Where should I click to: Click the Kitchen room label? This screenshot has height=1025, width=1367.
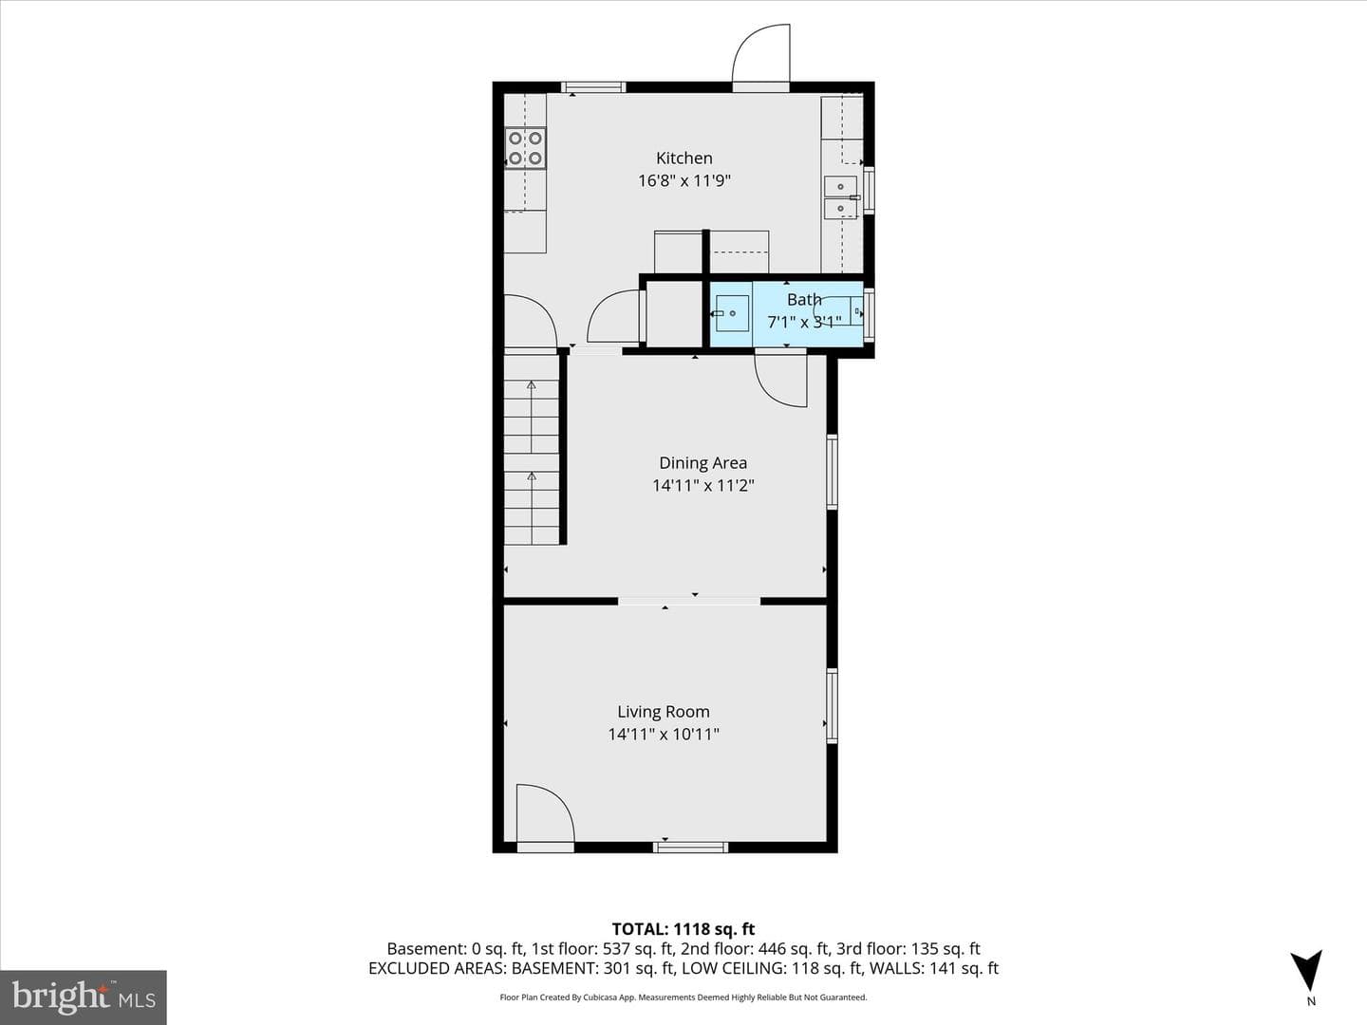pos(683,158)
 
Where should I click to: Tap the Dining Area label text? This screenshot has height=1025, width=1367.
pos(702,463)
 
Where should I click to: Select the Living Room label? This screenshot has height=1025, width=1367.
pos(664,712)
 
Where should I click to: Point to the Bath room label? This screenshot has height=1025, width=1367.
pos(804,299)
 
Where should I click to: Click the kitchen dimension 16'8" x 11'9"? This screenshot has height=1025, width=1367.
pos(683,180)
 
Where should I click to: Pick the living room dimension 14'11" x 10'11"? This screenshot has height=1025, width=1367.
pos(664,735)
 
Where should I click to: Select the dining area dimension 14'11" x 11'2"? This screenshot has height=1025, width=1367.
pos(702,485)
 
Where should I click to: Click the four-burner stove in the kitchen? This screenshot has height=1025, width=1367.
pos(525,148)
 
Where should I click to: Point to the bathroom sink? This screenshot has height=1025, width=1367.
pos(732,313)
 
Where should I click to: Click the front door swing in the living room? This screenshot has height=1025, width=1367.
pos(545,814)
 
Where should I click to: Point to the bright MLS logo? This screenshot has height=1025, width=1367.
pos(83,997)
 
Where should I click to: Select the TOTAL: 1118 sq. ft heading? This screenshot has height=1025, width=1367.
pos(683,929)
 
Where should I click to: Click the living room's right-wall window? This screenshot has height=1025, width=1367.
pos(832,705)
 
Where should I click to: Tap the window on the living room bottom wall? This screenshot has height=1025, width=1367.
pos(690,847)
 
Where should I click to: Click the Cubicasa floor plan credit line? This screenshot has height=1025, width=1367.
pos(683,997)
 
